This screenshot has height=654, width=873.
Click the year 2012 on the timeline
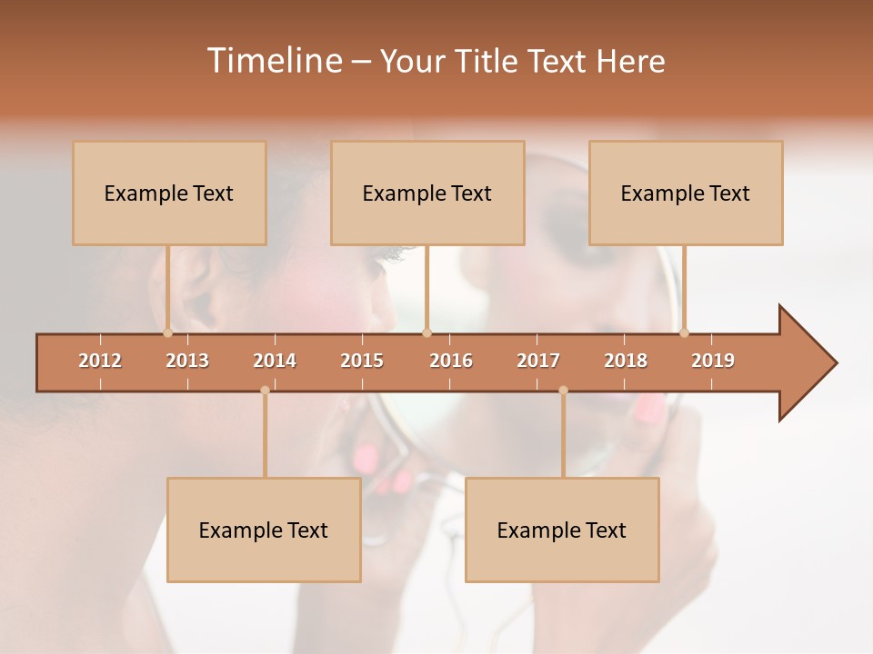coord(100,362)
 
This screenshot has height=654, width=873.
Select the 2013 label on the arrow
coord(187,362)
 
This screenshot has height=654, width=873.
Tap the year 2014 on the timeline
coord(275,362)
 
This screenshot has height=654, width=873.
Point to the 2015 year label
coord(362,362)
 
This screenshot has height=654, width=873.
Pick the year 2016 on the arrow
coord(451,362)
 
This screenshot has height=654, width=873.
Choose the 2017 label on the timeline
coord(538,362)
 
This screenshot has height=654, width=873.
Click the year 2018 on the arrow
coord(626,362)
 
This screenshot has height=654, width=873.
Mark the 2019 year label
coord(713,362)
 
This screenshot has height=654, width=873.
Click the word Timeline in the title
coord(273,61)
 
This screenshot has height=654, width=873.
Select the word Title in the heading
coord(487,61)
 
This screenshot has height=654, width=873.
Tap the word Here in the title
coord(630,61)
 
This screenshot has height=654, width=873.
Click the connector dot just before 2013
coord(167,333)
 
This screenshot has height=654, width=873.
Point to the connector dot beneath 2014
coord(265,391)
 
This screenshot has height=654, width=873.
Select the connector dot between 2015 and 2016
coord(427,333)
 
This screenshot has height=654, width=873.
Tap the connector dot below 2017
coord(563,391)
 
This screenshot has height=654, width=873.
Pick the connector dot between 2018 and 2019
coord(684,333)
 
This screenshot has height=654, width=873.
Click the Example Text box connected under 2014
coord(264,530)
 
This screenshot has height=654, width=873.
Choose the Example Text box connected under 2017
coord(562,530)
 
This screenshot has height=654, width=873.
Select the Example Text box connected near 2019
coord(686,193)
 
